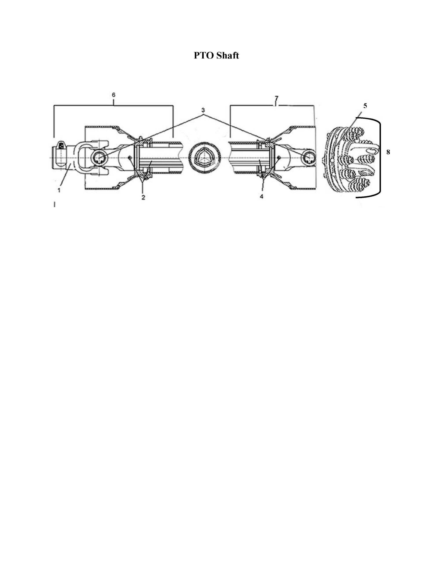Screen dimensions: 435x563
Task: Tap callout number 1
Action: coord(59,190)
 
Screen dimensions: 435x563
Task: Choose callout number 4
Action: coord(261,196)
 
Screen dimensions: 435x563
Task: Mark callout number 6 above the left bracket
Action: coord(114,95)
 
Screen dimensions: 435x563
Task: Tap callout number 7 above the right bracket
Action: coord(276,98)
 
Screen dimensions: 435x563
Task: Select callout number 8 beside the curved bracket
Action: coord(388,152)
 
